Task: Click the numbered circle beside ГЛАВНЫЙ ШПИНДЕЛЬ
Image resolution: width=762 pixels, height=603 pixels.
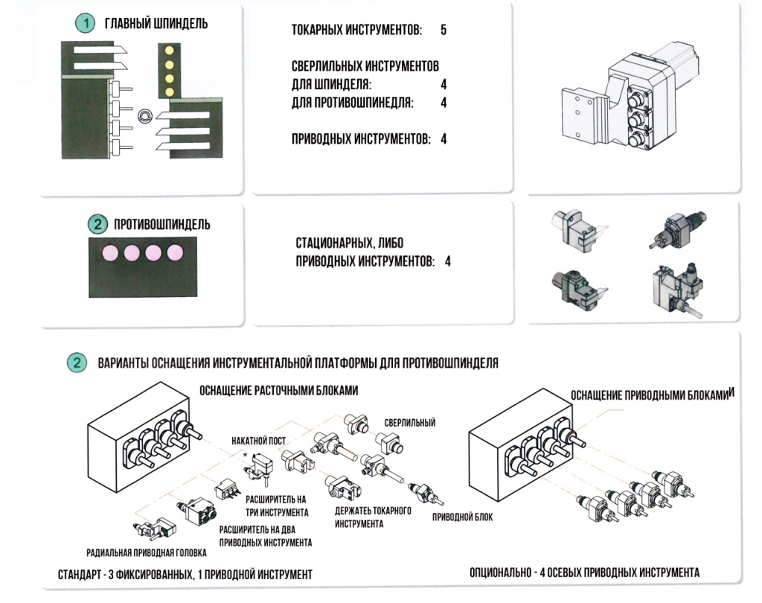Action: point(87,24)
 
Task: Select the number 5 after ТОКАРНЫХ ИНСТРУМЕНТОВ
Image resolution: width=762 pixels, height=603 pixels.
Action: point(444,31)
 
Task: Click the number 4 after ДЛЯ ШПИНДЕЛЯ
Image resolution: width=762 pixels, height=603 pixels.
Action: point(444,84)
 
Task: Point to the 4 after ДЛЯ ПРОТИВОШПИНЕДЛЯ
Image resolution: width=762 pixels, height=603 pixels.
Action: point(444,103)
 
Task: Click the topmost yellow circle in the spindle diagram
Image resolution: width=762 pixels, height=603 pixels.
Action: point(169,50)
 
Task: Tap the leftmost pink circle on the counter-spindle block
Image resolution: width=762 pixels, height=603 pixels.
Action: point(110,252)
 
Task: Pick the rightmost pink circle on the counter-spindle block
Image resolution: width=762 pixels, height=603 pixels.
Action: point(175,252)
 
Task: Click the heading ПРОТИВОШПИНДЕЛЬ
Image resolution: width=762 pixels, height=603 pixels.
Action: point(161,224)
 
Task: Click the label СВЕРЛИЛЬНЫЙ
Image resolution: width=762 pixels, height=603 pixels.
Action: point(410,423)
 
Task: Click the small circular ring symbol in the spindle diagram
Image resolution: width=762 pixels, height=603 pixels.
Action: point(145,115)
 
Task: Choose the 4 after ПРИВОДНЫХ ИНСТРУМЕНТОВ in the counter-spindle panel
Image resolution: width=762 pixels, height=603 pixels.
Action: point(447,261)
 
